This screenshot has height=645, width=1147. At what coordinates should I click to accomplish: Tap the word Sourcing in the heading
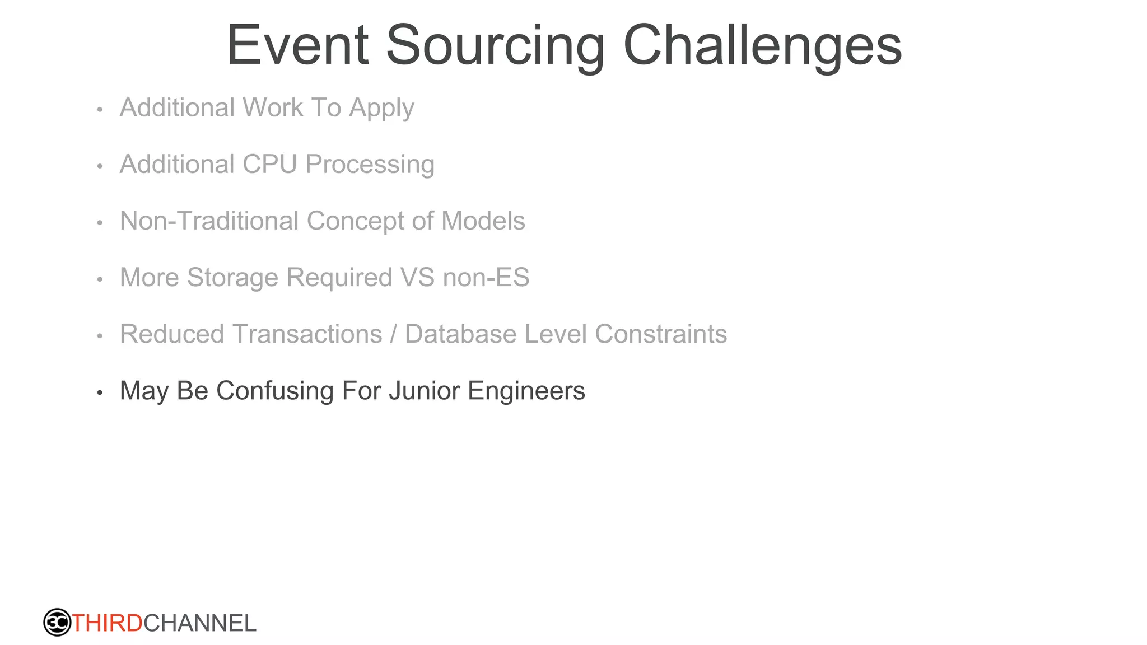click(x=496, y=46)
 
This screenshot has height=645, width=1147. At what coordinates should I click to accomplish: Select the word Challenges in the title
click(x=762, y=46)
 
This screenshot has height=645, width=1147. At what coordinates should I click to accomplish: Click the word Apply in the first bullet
click(x=381, y=109)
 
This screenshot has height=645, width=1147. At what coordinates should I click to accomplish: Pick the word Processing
click(x=370, y=165)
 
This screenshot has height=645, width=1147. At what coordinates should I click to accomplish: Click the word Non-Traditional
click(x=209, y=221)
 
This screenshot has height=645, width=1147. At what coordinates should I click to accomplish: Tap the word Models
click(x=483, y=221)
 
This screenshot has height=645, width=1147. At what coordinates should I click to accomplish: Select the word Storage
click(x=232, y=278)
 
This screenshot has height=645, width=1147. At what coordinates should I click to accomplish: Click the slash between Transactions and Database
click(x=393, y=334)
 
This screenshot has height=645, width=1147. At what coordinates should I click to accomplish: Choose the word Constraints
click(x=660, y=334)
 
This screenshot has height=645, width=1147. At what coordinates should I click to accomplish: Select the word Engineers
click(x=526, y=391)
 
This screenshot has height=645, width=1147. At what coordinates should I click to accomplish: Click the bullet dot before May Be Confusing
click(x=100, y=392)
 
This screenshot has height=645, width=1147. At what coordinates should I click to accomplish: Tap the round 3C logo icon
click(x=57, y=622)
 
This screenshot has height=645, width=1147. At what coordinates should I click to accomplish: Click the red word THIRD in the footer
click(x=108, y=623)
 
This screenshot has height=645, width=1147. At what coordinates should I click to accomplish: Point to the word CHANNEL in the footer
click(x=200, y=623)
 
